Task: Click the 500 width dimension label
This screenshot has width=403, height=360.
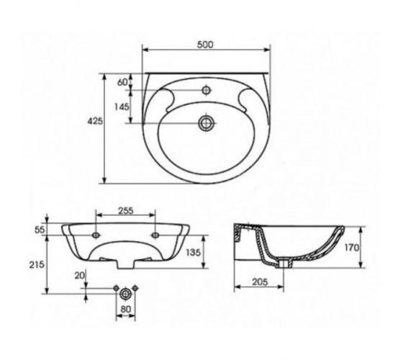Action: click(x=205, y=45)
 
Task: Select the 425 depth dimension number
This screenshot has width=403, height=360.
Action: click(x=95, y=121)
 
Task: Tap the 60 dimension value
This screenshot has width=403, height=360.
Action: click(x=122, y=82)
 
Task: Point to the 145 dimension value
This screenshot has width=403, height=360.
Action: click(x=122, y=107)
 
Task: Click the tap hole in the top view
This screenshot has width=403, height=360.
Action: click(x=206, y=90)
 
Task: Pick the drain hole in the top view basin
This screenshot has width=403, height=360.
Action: click(x=206, y=123)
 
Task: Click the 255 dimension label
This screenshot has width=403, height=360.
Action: click(x=126, y=210)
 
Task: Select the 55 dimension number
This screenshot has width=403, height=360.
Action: click(x=40, y=230)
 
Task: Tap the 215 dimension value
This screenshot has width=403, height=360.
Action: click(x=37, y=264)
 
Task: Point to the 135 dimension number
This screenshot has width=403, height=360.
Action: click(x=193, y=252)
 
